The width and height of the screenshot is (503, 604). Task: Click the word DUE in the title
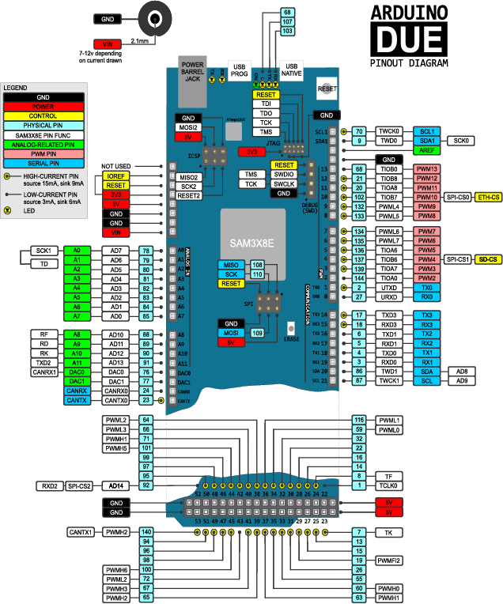pyautogui.click(x=410, y=40)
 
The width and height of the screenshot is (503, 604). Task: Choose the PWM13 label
pyautogui.click(x=428, y=169)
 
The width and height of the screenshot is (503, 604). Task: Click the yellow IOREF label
pyautogui.click(x=115, y=176)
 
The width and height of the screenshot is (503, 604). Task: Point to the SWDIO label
pyautogui.click(x=284, y=174)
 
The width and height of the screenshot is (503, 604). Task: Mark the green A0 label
pyautogui.click(x=77, y=251)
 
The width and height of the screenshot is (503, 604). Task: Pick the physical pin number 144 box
pyautogui.click(x=359, y=278)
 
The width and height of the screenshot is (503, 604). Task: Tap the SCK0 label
pyautogui.click(x=460, y=141)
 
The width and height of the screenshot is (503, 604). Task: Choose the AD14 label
pyautogui.click(x=115, y=485)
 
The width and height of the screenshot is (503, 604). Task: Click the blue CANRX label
pyautogui.click(x=77, y=391)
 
